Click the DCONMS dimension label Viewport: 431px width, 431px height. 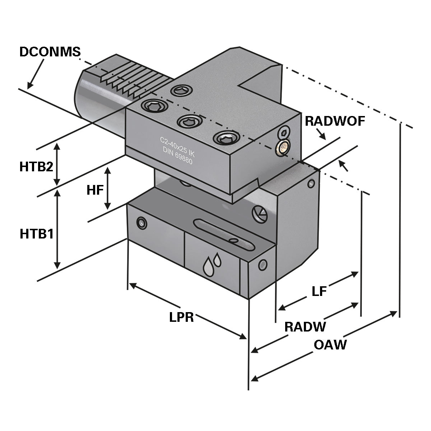[50, 52]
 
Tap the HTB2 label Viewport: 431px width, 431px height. [36, 167]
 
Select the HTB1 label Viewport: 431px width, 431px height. [37, 234]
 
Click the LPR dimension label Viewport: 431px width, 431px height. [181, 317]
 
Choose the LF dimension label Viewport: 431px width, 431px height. [319, 291]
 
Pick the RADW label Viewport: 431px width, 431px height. [305, 327]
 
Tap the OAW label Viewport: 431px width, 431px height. [330, 345]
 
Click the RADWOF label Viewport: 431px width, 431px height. [335, 121]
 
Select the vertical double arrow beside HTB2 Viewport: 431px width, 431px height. [57, 163]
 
